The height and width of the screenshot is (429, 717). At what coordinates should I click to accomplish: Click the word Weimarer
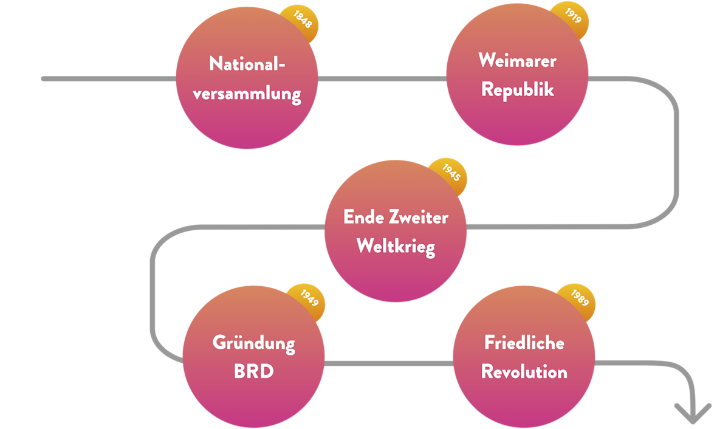coord(517,61)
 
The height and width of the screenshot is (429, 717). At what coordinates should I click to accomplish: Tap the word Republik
coord(517,89)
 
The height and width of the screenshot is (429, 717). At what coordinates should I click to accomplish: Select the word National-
coord(247,64)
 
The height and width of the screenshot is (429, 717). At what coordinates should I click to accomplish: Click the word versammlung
coord(247,94)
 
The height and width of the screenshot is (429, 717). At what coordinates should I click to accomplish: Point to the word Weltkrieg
coord(396,247)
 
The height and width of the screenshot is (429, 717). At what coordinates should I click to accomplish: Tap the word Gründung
coord(253,343)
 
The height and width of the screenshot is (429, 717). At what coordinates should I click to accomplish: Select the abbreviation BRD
coord(253,371)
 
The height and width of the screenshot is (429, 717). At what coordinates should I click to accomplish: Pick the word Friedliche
coord(524,343)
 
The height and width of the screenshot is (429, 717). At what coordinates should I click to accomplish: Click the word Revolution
coord(524,371)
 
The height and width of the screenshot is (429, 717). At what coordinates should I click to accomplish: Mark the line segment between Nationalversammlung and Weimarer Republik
coord(382,78)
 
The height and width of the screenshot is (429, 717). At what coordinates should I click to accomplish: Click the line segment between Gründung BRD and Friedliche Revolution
coord(389,363)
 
